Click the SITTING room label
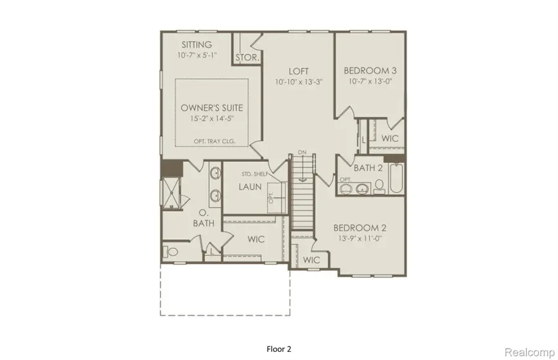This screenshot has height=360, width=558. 197,45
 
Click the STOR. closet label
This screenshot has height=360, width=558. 247,58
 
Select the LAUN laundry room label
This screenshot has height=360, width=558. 247,187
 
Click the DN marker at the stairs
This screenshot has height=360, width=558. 302,152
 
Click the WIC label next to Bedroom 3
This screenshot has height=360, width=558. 390,138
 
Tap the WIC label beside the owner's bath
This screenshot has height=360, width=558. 255,238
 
